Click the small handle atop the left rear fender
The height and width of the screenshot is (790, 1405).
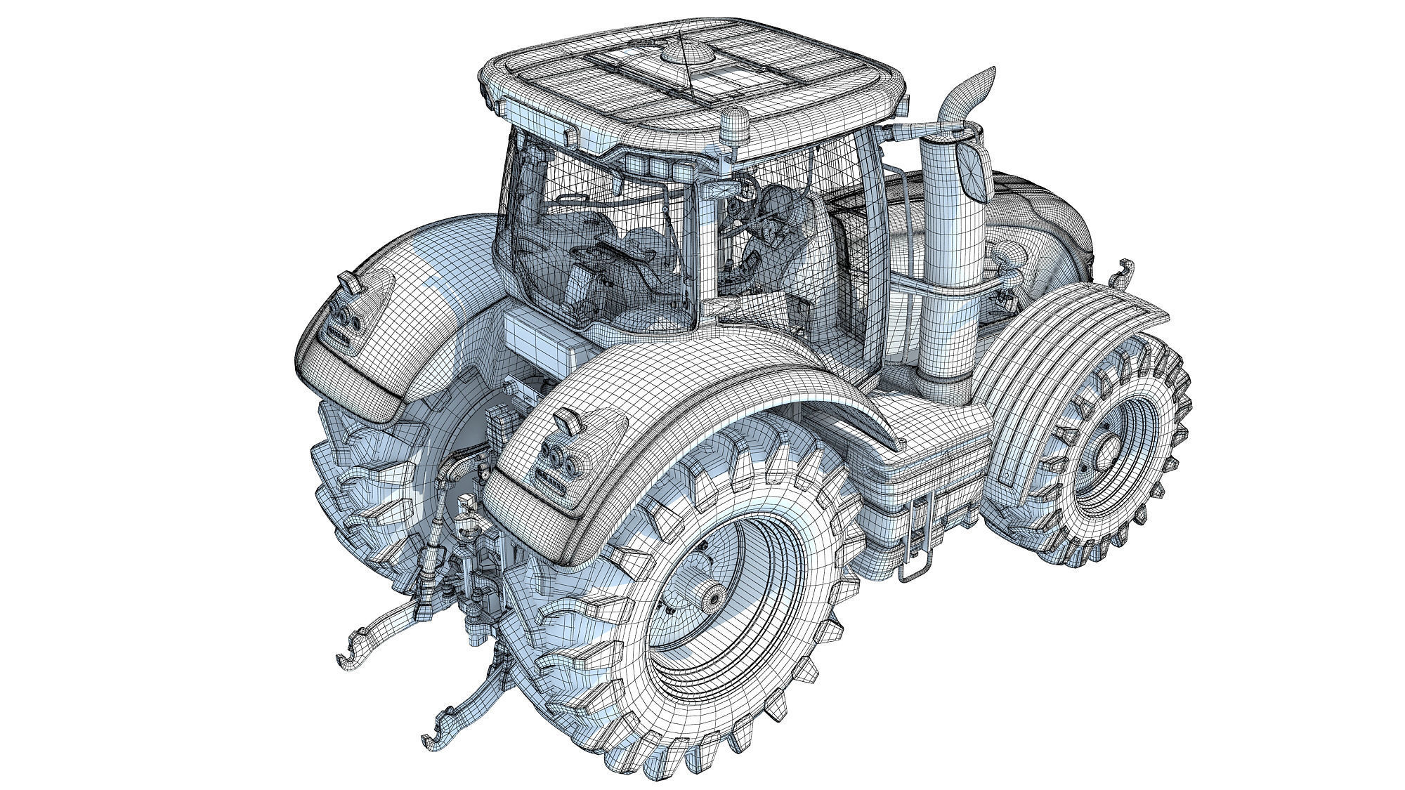tap(350, 282)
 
